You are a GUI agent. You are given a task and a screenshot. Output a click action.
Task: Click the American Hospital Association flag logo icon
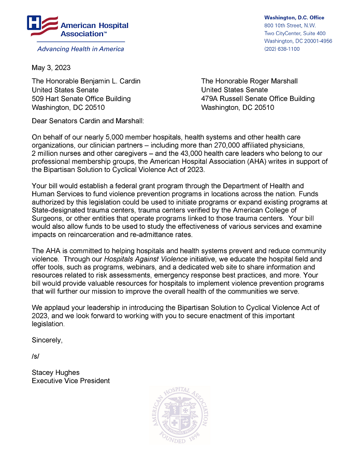tap(42, 25)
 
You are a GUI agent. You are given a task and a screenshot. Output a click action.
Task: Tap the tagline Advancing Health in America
tap(80, 49)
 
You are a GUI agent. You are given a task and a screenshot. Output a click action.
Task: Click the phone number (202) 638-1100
tap(282, 49)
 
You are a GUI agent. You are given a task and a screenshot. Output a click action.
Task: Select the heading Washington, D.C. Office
tap(294, 18)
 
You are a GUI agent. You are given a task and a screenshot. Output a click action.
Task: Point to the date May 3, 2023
tap(51, 67)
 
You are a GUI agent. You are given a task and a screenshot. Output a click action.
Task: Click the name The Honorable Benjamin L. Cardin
tap(86, 81)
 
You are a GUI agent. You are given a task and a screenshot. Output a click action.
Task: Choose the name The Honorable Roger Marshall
tap(249, 81)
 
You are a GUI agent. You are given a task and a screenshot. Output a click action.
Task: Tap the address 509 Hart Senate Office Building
tap(81, 98)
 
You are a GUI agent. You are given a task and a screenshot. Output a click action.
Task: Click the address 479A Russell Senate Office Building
tap(257, 98)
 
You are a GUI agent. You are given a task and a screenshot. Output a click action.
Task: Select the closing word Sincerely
tap(47, 340)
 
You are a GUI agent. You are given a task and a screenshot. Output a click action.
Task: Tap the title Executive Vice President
tap(70, 381)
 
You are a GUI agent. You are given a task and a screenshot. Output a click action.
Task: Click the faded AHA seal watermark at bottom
tap(180, 415)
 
